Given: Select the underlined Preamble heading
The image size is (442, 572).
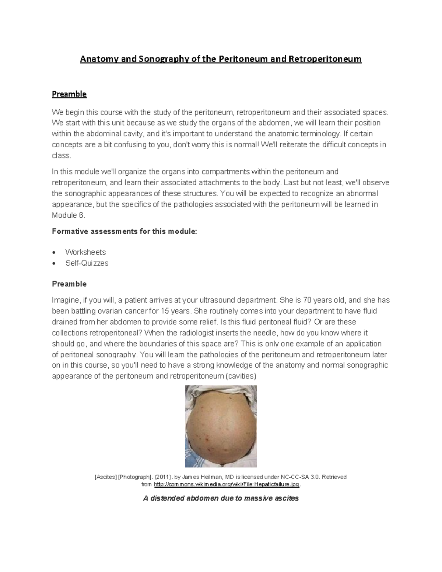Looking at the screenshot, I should click(x=69, y=94).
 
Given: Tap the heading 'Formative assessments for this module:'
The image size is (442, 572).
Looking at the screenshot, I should click(x=124, y=232).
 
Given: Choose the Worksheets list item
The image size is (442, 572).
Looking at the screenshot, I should click(x=85, y=252).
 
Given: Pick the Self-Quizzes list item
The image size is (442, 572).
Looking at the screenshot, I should click(x=87, y=263).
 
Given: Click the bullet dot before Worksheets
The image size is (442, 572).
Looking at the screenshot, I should click(x=55, y=253).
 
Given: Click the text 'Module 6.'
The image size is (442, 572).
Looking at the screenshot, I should click(x=69, y=215).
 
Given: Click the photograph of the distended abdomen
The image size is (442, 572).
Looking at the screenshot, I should click(x=221, y=426).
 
